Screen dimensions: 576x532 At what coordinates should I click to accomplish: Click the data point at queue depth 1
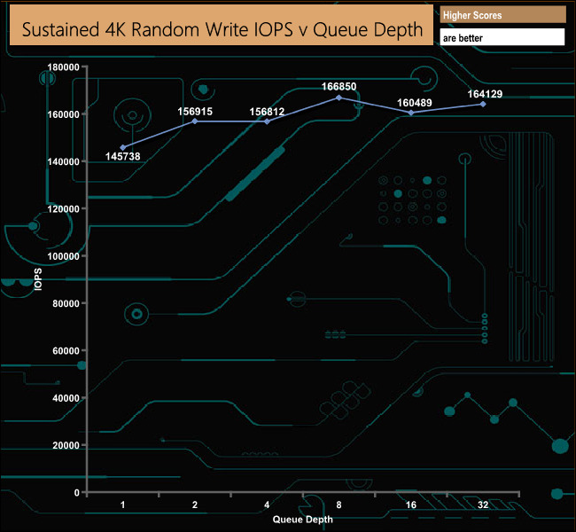[123, 147]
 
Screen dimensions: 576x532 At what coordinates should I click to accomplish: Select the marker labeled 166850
[339, 98]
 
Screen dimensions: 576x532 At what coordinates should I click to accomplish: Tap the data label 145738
[122, 157]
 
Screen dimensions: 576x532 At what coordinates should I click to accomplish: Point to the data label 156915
[195, 112]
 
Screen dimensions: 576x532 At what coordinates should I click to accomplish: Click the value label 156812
[267, 112]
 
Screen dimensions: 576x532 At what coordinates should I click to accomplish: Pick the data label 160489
[415, 103]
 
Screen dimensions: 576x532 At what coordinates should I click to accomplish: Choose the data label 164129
[485, 94]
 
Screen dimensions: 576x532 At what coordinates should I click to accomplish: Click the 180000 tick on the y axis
[63, 66]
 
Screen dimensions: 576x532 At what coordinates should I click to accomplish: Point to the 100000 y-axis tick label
[63, 256]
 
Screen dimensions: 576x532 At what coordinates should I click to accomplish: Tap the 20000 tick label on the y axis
[66, 445]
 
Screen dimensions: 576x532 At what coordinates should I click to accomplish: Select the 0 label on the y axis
[77, 493]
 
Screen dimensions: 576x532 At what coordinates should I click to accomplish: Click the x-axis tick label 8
[339, 505]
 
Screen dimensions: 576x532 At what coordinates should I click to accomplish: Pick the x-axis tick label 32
[483, 505]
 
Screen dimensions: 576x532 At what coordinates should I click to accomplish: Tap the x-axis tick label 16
[411, 505]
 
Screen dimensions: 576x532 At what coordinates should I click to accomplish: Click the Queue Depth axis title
[303, 520]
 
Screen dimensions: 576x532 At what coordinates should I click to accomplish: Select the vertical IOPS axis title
[38, 279]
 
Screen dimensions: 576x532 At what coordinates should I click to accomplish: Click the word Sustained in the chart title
[60, 29]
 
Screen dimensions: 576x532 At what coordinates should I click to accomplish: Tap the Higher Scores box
[503, 15]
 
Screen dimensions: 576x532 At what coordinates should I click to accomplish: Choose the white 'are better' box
[502, 37]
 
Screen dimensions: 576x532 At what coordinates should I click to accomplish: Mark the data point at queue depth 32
[483, 105]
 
